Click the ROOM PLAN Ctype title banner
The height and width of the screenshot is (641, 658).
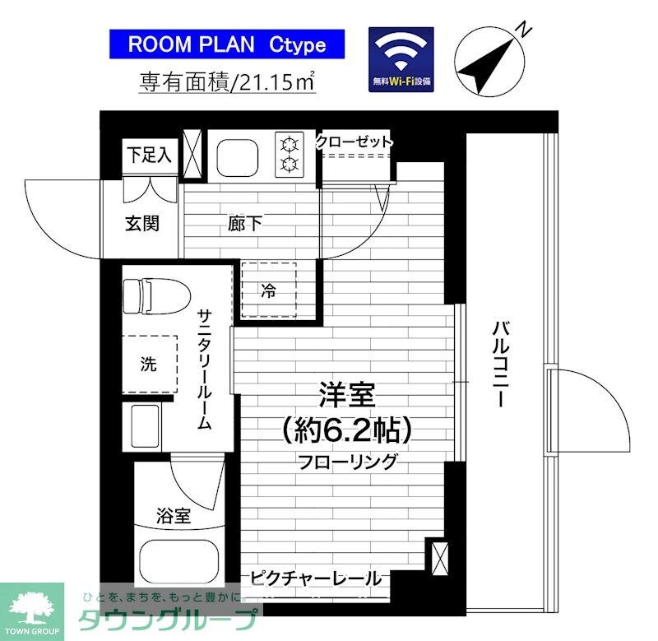(x=227, y=44)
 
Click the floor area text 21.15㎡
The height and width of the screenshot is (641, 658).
(x=229, y=82)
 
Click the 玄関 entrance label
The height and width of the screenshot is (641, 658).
(x=141, y=223)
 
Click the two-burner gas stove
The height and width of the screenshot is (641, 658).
(x=290, y=154)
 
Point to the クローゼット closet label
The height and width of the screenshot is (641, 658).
(x=354, y=142)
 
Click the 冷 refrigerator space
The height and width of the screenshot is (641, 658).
(x=268, y=290)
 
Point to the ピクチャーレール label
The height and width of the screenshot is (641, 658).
(x=315, y=578)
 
